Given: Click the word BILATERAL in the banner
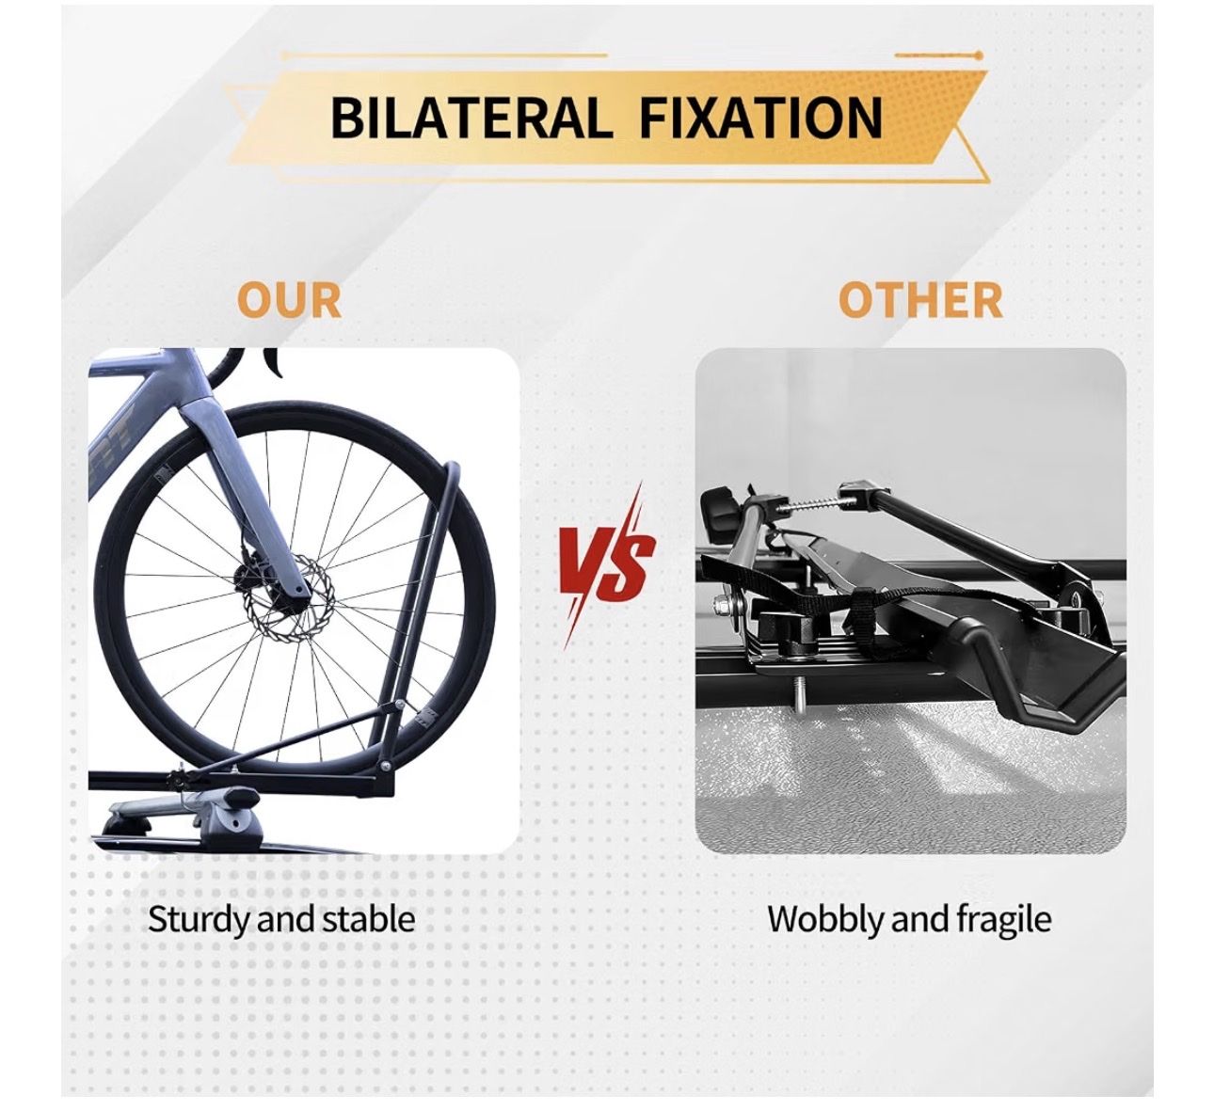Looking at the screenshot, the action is tap(468, 118).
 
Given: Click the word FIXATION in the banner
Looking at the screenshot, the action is tap(760, 118).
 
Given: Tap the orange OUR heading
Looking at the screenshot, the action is tap(289, 300).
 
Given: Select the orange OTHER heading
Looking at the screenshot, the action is tap(919, 300).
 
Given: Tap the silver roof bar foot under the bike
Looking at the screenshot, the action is tap(182, 810).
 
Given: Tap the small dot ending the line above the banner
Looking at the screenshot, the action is tap(978, 56).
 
